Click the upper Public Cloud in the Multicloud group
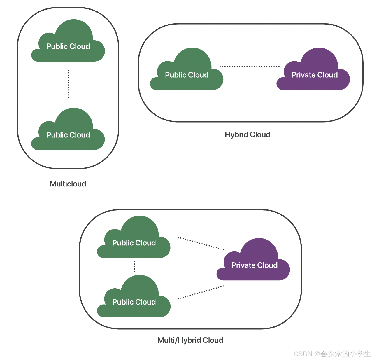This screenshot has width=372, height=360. pyautogui.click(x=68, y=44)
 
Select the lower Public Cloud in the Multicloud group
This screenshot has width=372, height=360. pyautogui.click(x=68, y=133)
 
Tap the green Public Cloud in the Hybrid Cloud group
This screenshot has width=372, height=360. pyautogui.click(x=187, y=73)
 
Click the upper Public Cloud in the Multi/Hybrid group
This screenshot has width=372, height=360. pyautogui.click(x=134, y=241)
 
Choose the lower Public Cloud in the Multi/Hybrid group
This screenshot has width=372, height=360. pyautogui.click(x=134, y=300)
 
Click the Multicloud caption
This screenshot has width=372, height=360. pyautogui.click(x=68, y=184)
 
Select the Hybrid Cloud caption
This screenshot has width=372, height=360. pyautogui.click(x=248, y=134)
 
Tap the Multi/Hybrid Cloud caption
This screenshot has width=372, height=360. pyautogui.click(x=190, y=340)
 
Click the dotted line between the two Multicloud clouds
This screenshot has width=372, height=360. pyautogui.click(x=68, y=84)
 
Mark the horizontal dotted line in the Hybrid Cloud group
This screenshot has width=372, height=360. pyautogui.click(x=249, y=67)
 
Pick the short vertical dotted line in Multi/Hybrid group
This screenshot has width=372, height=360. pyautogui.click(x=134, y=266)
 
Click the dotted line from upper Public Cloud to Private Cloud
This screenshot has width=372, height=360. pyautogui.click(x=201, y=244)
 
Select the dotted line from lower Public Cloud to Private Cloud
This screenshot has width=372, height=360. pyautogui.click(x=201, y=292)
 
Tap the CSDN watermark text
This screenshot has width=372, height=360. pyautogui.click(x=332, y=354)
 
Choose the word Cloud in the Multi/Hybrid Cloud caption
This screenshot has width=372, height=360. pyautogui.click(x=213, y=340)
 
